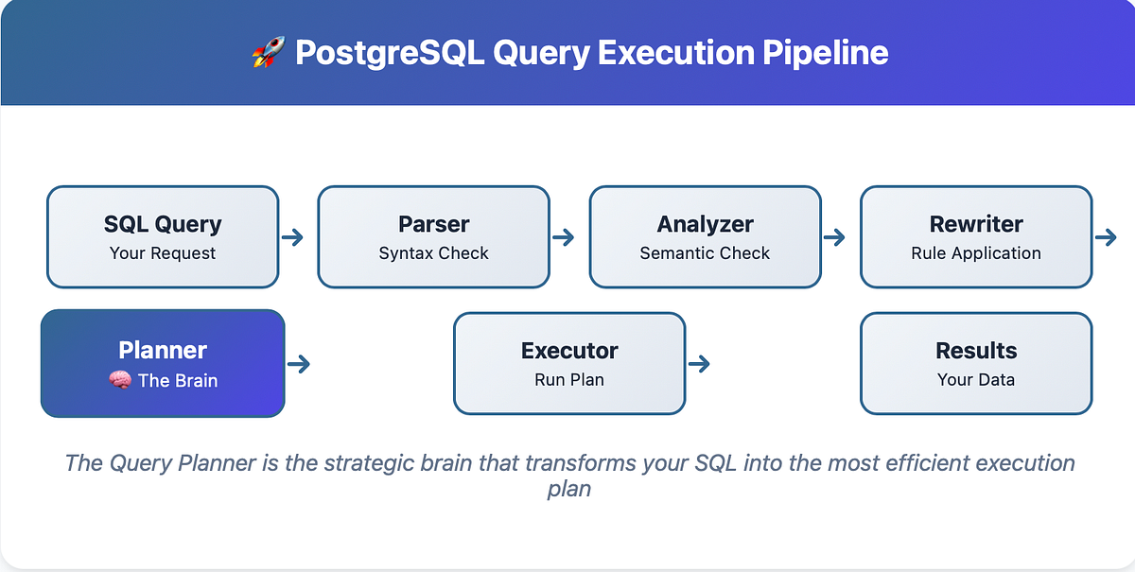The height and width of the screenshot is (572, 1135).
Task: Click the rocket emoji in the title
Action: click(x=267, y=53)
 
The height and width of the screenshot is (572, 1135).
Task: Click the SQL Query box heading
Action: click(x=163, y=225)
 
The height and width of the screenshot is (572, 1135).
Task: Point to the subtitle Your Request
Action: click(x=163, y=253)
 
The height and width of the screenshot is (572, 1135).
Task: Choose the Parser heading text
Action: click(x=434, y=225)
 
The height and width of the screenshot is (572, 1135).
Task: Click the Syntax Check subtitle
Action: click(x=434, y=253)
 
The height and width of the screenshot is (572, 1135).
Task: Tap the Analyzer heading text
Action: click(x=705, y=225)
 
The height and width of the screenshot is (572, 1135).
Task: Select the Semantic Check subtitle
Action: click(x=705, y=253)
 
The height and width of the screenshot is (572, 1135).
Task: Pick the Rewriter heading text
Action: click(x=976, y=225)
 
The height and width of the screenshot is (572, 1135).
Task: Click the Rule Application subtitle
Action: click(x=976, y=253)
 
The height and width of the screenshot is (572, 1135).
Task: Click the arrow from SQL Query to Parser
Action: click(x=292, y=237)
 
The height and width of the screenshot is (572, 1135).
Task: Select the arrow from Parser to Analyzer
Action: click(x=564, y=237)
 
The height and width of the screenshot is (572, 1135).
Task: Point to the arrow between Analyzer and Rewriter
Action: click(x=834, y=237)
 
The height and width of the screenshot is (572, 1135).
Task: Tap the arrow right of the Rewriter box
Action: click(x=1106, y=237)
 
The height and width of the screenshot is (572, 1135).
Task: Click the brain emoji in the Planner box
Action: click(x=119, y=381)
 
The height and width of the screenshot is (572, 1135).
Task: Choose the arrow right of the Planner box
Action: click(x=299, y=363)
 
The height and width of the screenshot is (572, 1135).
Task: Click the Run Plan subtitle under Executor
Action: click(x=569, y=380)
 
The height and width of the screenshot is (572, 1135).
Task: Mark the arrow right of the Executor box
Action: click(x=700, y=363)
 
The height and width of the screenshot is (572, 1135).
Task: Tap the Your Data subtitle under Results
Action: click(x=976, y=380)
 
